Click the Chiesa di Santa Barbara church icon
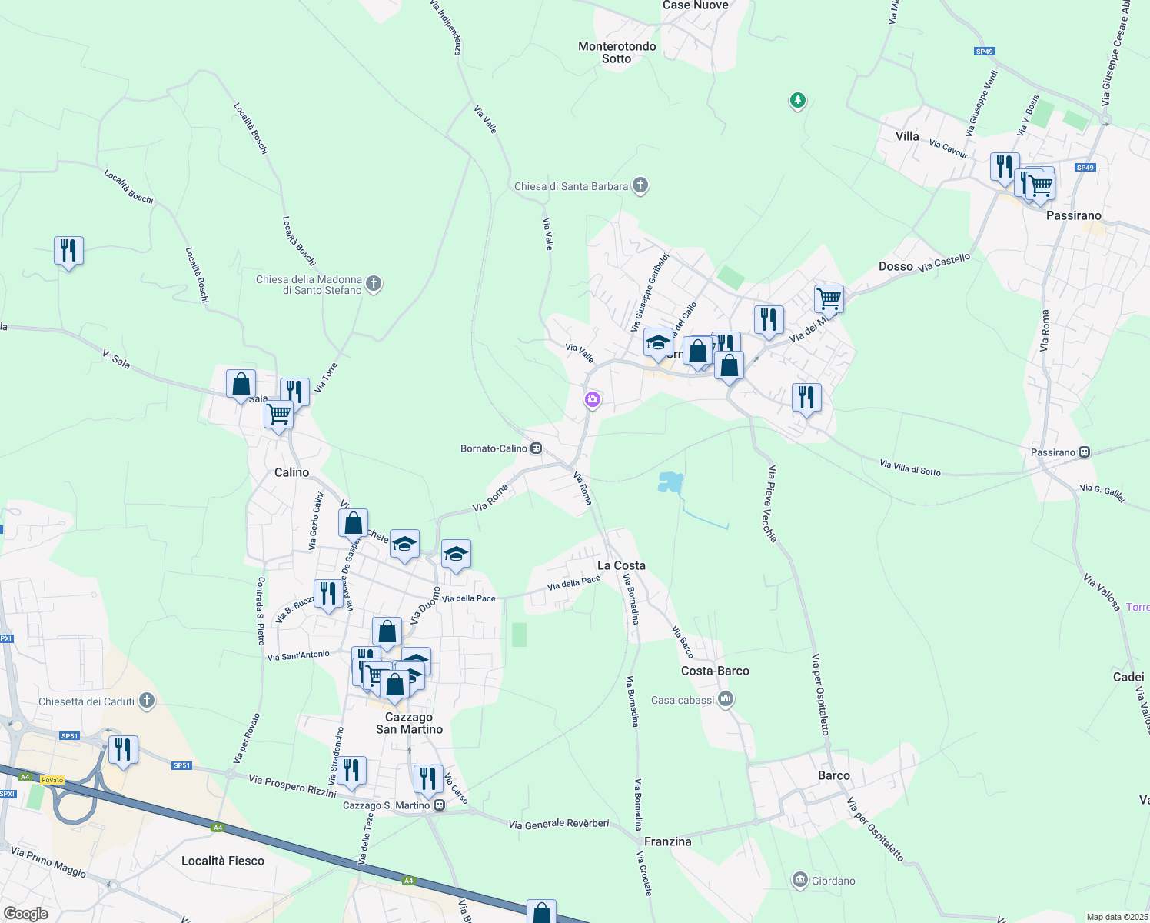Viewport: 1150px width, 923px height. click(x=640, y=185)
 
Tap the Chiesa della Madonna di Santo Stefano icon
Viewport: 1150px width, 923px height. click(x=374, y=285)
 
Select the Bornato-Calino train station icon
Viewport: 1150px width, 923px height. click(x=537, y=448)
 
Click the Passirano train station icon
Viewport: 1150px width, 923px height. click(x=1085, y=452)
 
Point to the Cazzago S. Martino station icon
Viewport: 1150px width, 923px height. click(x=439, y=805)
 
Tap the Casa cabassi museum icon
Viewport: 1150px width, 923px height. click(x=726, y=699)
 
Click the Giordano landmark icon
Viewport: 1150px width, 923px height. click(x=800, y=880)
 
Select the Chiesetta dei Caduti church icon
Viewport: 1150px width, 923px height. click(x=147, y=701)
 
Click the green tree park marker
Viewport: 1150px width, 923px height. click(x=798, y=100)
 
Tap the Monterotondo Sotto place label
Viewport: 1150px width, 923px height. click(x=617, y=52)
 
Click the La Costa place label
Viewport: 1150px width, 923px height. click(x=621, y=565)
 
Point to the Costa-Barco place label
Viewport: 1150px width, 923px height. click(x=715, y=671)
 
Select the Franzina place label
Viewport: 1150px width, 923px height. click(x=667, y=841)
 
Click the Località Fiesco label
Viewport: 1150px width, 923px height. click(x=223, y=861)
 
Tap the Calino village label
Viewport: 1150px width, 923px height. click(x=291, y=472)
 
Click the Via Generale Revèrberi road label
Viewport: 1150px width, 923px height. click(x=559, y=824)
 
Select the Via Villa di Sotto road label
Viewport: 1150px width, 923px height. click(x=910, y=468)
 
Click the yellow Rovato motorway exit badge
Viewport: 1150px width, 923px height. click(x=52, y=780)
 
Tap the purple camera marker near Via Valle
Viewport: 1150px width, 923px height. click(x=592, y=399)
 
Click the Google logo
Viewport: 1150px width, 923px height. click(x=26, y=914)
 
